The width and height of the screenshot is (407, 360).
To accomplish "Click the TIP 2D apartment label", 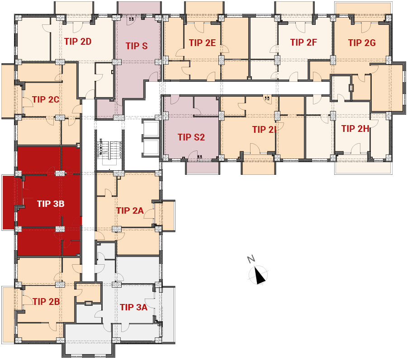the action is click(78, 42).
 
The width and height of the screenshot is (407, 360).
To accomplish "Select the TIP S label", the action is click(137, 46).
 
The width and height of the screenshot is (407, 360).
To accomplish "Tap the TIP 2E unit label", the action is click(202, 43).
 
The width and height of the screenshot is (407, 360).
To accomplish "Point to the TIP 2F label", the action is click(303, 42).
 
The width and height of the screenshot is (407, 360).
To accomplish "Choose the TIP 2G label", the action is click(362, 43).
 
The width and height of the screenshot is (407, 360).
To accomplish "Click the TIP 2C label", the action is click(46, 99).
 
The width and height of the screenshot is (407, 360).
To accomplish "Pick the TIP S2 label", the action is click(191, 137).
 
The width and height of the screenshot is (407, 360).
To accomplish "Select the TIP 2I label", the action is click(264, 130).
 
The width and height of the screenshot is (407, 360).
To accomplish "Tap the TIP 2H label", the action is click(355, 129).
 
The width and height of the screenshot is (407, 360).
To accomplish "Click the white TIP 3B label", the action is click(51, 204).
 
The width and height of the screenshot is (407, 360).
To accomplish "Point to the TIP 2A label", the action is click(130, 210).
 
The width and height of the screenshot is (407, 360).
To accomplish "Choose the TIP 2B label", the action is click(46, 301).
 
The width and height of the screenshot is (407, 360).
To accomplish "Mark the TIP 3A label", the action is click(133, 307).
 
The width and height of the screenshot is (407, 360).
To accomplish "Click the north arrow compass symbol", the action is click(259, 275).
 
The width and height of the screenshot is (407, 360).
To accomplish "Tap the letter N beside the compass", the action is click(251, 259).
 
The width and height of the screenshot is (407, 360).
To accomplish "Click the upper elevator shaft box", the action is click(150, 128).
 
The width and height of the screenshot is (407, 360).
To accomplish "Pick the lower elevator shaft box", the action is click(150, 147).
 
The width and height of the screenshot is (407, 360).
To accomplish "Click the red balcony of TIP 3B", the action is click(9, 202).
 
